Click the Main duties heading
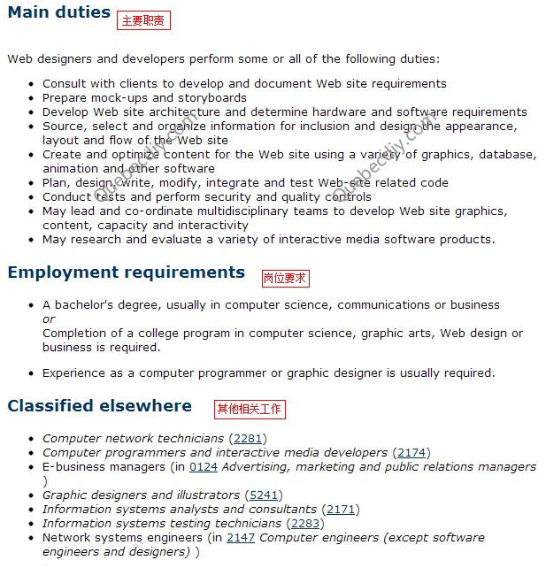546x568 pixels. click(x=58, y=13)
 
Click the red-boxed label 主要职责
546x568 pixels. click(x=142, y=20)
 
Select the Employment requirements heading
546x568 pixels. click(x=126, y=272)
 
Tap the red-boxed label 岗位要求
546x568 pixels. click(x=285, y=278)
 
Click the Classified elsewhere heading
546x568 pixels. click(x=99, y=406)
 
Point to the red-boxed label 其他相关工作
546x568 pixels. click(x=250, y=409)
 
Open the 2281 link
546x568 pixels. click(x=247, y=438)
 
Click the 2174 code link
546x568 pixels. click(x=411, y=452)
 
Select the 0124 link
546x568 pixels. click(x=204, y=466)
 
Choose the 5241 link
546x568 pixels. click(x=263, y=495)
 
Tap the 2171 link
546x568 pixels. click(x=340, y=509)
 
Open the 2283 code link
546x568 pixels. click(x=306, y=523)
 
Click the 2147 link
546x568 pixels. click(x=241, y=537)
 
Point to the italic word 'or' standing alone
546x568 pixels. click(x=49, y=319)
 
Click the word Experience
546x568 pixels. click(x=74, y=372)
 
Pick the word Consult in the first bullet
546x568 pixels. click(x=63, y=83)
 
